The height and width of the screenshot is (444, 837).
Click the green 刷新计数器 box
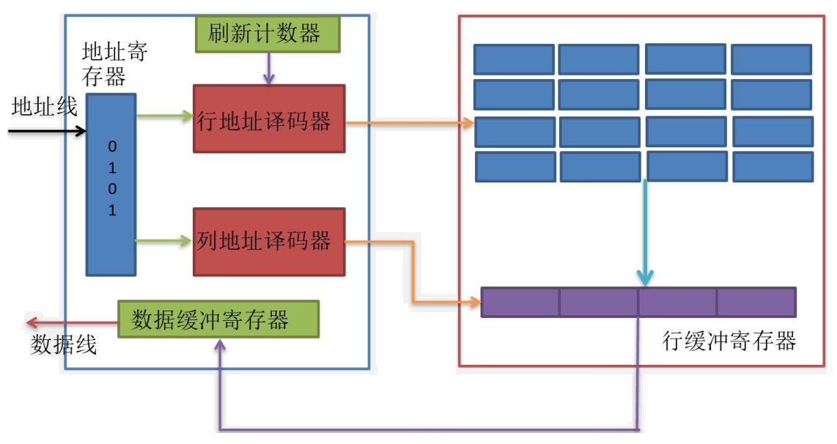click(268, 34)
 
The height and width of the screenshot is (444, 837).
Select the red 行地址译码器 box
click(268, 119)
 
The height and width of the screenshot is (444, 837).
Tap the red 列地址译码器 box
click(268, 242)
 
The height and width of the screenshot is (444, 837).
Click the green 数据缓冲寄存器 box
click(218, 319)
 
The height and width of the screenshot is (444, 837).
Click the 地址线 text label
click(44, 107)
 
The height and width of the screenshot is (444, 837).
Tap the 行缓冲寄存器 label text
click(729, 341)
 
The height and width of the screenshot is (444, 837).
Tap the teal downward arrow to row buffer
click(644, 234)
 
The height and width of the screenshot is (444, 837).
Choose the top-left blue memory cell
click(513, 59)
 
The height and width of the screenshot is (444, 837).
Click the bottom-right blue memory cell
click(773, 167)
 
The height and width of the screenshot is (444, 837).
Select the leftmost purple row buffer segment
click(520, 302)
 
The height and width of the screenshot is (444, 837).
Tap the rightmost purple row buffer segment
click(756, 302)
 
